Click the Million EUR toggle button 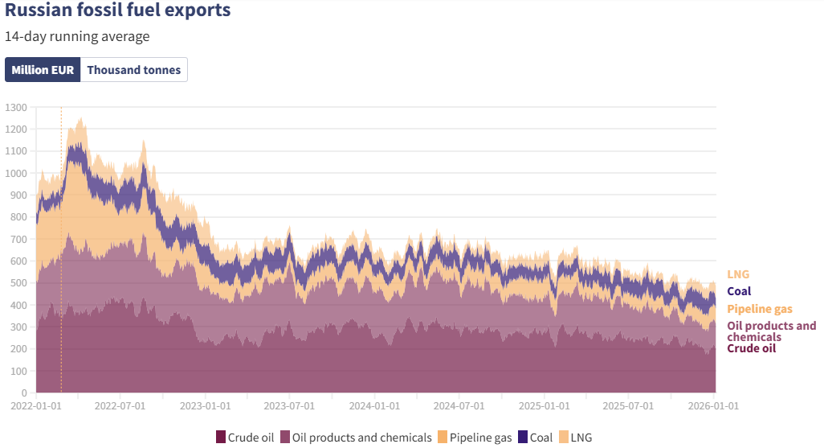point(43,70)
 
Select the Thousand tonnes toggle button point(134,70)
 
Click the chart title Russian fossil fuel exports point(117,10)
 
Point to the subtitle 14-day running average point(76,36)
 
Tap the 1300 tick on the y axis point(16,107)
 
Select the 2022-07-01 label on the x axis point(120,407)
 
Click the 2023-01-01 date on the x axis point(205,407)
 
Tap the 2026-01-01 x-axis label point(712,407)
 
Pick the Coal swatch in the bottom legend point(523,438)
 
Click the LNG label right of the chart point(738,274)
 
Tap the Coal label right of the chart point(739,292)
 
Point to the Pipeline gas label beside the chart point(760,310)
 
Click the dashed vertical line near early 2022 point(61,241)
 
